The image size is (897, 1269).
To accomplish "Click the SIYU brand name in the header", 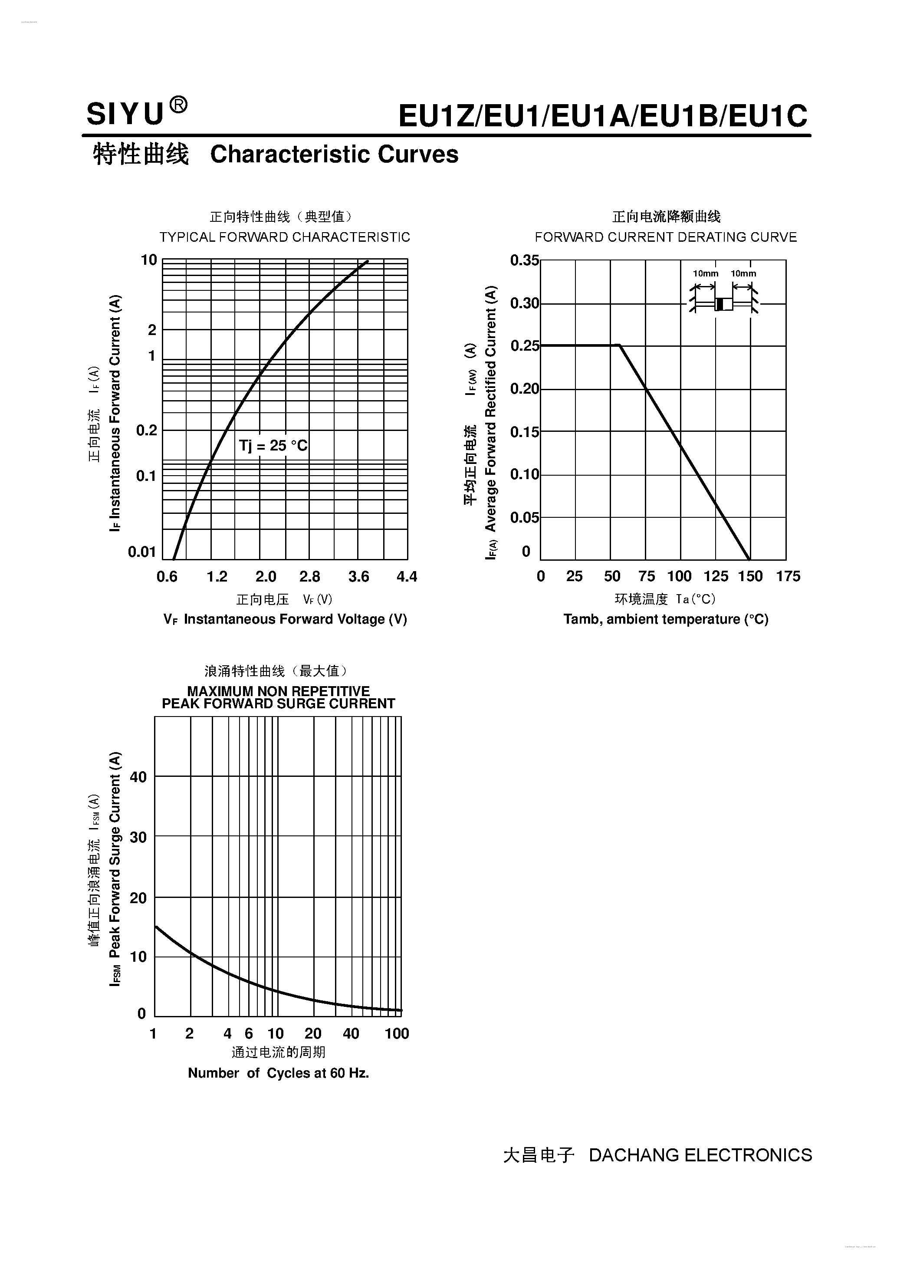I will coord(125,115).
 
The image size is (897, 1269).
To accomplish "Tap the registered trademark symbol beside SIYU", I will coord(178,105).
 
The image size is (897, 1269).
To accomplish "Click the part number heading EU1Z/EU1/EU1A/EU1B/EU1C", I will coord(602,116).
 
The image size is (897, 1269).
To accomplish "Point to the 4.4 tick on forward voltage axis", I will coord(407,577).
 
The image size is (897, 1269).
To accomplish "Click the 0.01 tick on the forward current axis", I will coord(142,552).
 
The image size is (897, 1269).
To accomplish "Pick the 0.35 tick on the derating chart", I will coord(524,260).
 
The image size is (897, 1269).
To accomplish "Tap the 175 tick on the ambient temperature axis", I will coord(788,576).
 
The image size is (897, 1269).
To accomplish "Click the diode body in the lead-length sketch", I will coord(723,304).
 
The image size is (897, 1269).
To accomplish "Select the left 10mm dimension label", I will coord(706,273).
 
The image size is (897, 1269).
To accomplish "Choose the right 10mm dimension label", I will coord(743,273).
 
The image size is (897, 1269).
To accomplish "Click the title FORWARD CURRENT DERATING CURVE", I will coord(665,237).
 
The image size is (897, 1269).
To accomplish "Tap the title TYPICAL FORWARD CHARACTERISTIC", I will coord(285,237).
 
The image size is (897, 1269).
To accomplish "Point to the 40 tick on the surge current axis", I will coord(138,777).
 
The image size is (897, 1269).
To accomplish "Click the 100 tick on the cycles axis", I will coord(396,1033).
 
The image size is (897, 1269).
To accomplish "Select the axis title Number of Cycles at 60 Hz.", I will coord(278,1073).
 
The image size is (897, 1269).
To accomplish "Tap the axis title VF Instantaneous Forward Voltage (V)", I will coord(285,619).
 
